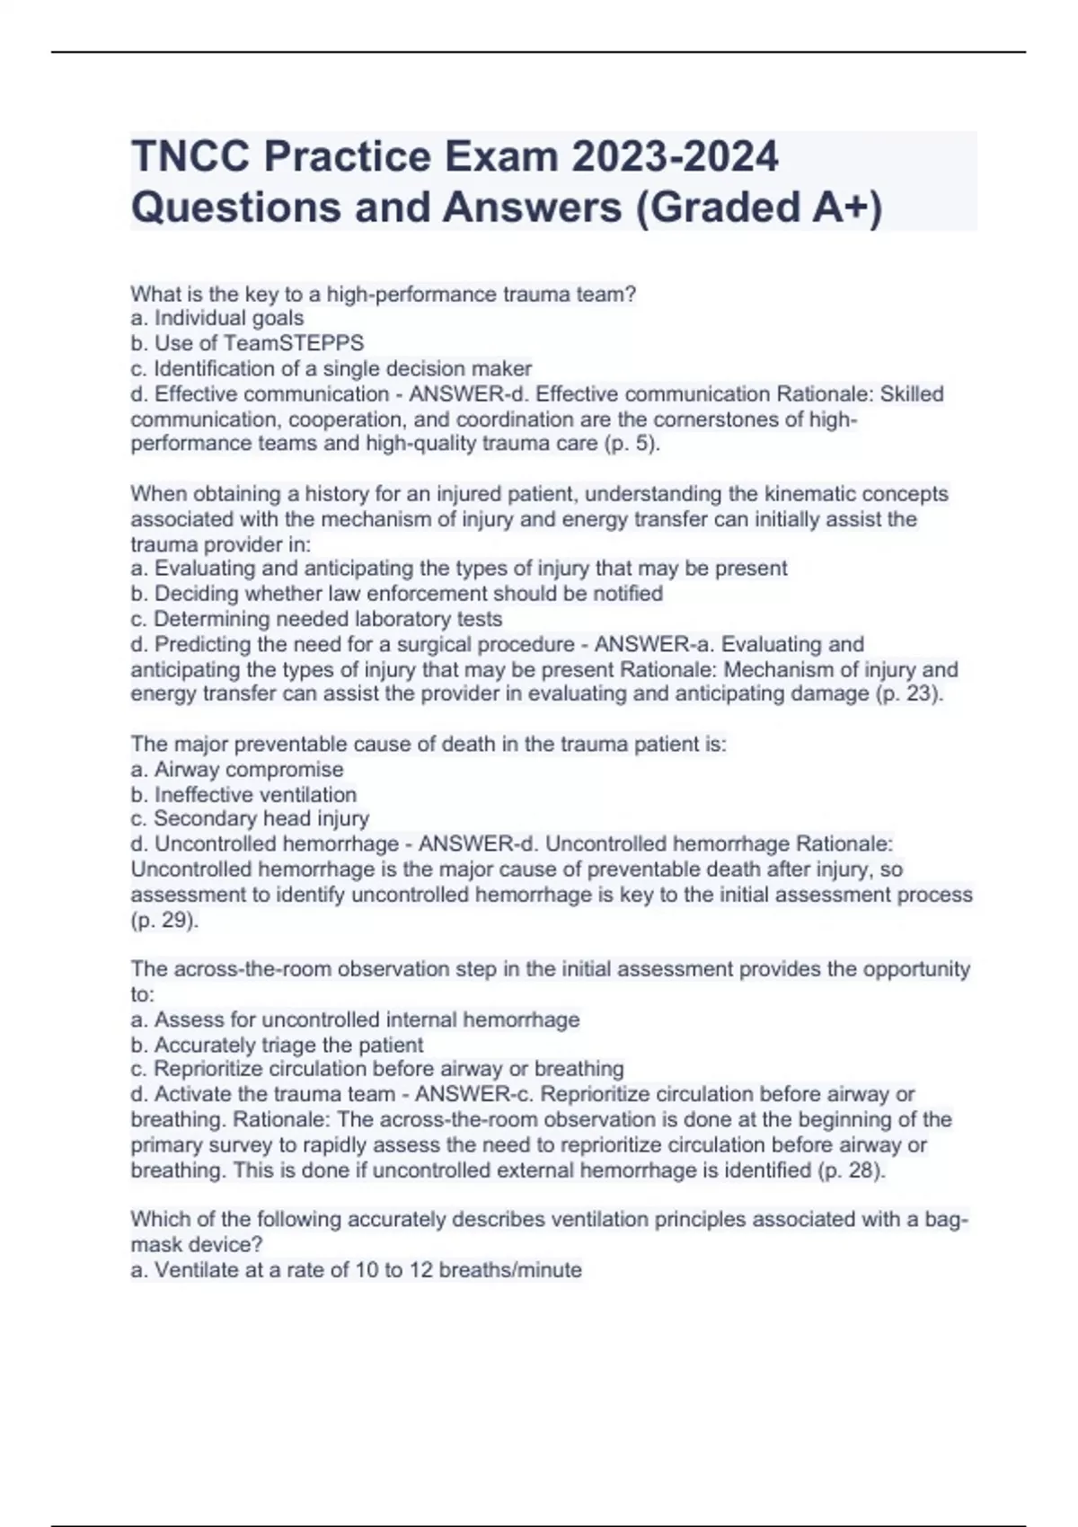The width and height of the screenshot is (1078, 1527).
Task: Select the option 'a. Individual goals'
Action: (217, 318)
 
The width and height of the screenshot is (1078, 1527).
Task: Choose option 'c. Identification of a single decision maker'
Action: (331, 368)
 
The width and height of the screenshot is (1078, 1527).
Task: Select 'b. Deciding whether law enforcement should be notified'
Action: (396, 594)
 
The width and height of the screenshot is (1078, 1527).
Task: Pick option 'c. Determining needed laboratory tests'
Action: (316, 619)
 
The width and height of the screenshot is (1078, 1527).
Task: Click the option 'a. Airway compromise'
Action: (237, 770)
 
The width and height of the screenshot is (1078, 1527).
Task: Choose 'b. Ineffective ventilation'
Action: (243, 795)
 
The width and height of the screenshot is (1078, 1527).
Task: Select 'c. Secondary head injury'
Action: (250, 818)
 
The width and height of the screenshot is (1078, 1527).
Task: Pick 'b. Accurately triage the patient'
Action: (277, 1045)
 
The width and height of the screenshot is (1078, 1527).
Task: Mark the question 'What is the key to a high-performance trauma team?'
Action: (384, 294)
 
